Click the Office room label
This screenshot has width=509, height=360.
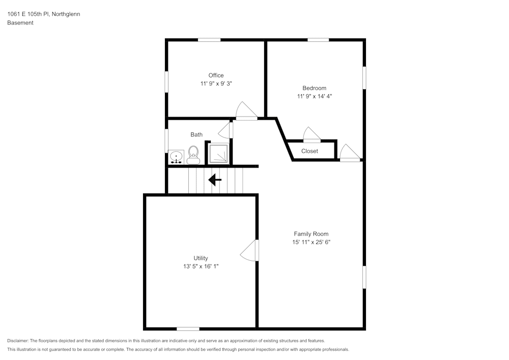pos(216,75)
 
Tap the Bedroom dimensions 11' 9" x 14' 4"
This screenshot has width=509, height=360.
pos(315,96)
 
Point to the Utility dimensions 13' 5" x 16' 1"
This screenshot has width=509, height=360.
pos(201,266)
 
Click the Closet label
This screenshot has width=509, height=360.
pos(309,151)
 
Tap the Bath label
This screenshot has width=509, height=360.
pos(196,134)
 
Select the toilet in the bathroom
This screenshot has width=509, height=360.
pos(193,155)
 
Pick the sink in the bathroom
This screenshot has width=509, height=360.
pos(177,157)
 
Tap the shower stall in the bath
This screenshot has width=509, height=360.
pos(218,153)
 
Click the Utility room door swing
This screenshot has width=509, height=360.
pos(249,250)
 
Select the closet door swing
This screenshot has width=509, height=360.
pos(312,134)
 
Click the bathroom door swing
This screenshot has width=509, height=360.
pos(225,130)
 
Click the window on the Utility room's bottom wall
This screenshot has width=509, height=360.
pos(188,329)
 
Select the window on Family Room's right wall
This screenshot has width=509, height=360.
pos(364,278)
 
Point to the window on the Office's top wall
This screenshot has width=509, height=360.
pos(209,40)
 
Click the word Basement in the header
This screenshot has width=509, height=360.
pos(20,23)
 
